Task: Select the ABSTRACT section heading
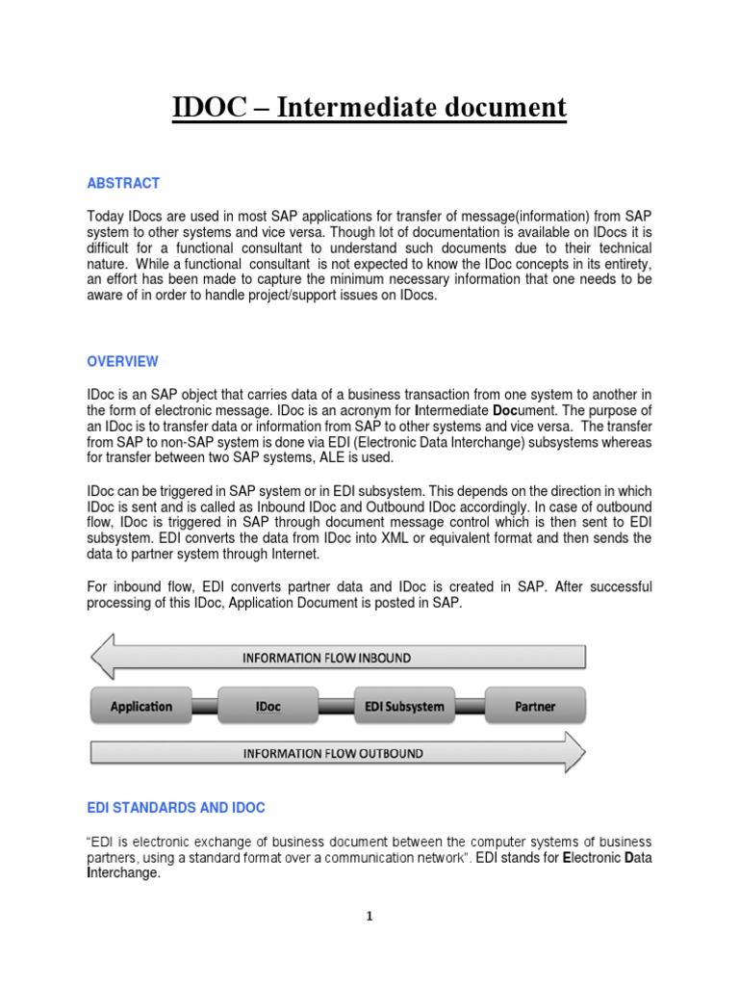tap(123, 183)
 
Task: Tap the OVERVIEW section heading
tap(123, 362)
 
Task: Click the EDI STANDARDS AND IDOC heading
tap(176, 807)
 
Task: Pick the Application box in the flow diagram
tap(140, 706)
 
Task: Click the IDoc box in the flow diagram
tap(268, 706)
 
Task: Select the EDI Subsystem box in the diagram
tap(403, 706)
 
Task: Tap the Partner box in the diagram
tap(535, 706)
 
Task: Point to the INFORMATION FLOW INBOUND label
tap(326, 658)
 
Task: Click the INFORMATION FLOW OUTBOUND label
tap(332, 753)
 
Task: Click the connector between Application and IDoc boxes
tap(205, 707)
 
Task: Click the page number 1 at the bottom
tap(369, 917)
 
